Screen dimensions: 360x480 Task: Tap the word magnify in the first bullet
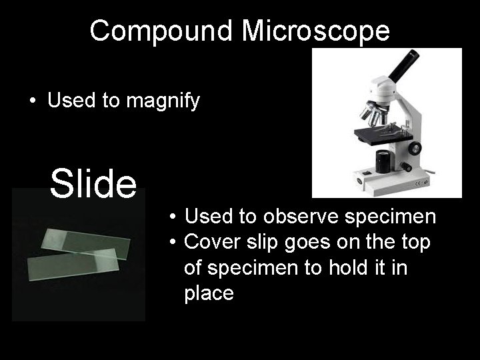[x=165, y=102]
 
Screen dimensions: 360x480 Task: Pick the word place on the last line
[x=209, y=293]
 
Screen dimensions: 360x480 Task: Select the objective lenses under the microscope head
[x=373, y=115]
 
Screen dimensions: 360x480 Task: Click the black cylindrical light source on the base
[x=383, y=161]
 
